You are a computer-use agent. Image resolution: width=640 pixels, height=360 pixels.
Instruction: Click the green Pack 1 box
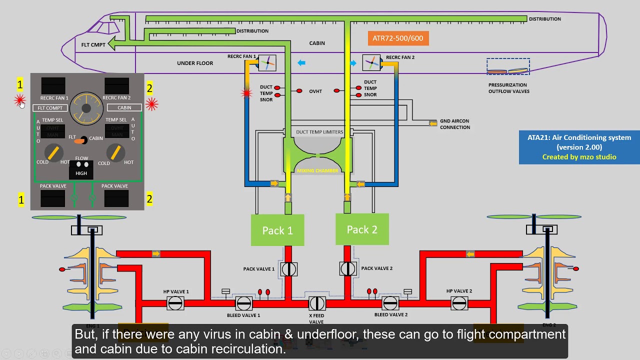277,230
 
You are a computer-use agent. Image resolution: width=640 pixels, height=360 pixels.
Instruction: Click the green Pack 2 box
362,229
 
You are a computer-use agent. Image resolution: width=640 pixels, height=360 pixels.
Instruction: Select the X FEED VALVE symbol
317,303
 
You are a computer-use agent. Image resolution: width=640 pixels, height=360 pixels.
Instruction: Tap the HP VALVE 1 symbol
175,303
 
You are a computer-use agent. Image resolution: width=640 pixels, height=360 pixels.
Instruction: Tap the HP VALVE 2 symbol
459,303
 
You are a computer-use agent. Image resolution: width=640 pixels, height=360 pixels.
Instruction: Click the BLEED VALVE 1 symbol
243,303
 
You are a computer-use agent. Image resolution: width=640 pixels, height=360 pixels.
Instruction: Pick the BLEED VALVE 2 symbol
390,303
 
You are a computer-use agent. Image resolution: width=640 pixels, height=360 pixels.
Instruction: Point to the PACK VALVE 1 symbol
288,269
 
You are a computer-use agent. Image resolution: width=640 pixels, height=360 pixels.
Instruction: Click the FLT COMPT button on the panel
50,108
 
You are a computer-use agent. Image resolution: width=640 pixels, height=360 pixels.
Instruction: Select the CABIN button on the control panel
124,107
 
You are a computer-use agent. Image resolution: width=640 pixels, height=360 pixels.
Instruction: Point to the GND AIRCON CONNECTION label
454,124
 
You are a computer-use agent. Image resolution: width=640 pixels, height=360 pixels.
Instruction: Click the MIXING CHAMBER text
317,170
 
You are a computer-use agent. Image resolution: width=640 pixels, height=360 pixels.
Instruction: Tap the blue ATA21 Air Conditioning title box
579,147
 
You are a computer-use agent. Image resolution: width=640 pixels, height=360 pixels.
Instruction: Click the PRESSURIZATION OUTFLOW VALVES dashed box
508,67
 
